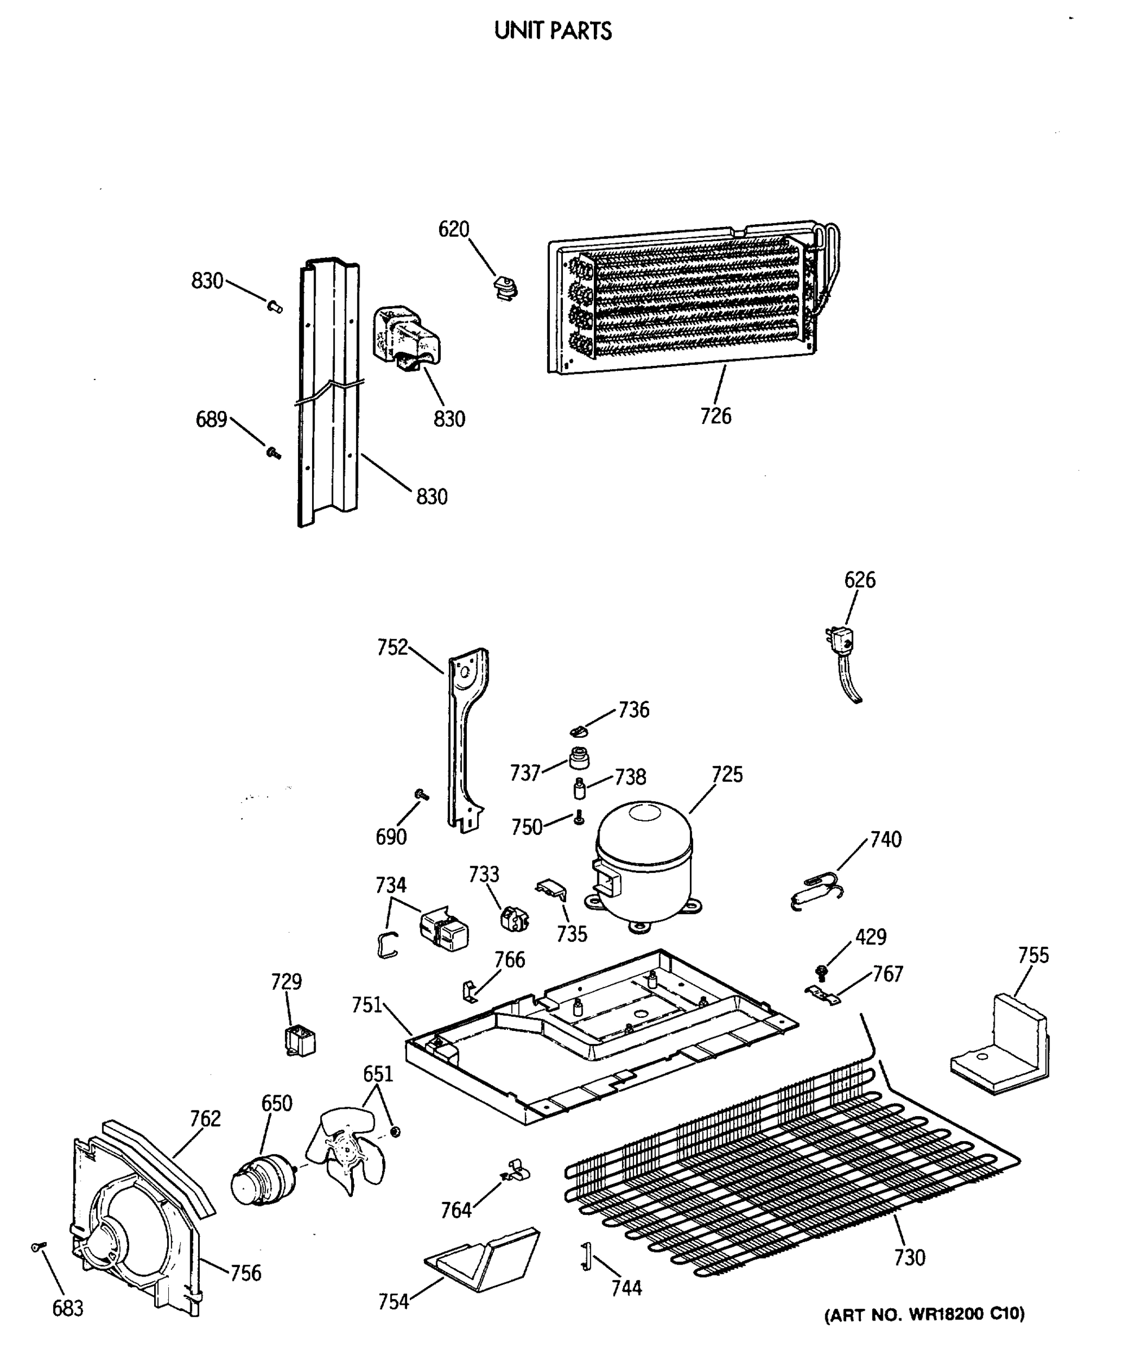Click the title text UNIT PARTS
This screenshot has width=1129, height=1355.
pos(553,31)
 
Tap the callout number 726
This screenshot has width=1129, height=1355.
pos(715,416)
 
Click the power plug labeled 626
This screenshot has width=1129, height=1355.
pos(841,642)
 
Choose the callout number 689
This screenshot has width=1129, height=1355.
pos(211,419)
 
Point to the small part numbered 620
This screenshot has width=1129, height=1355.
pos(505,288)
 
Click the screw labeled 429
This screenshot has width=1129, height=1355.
pos(822,971)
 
